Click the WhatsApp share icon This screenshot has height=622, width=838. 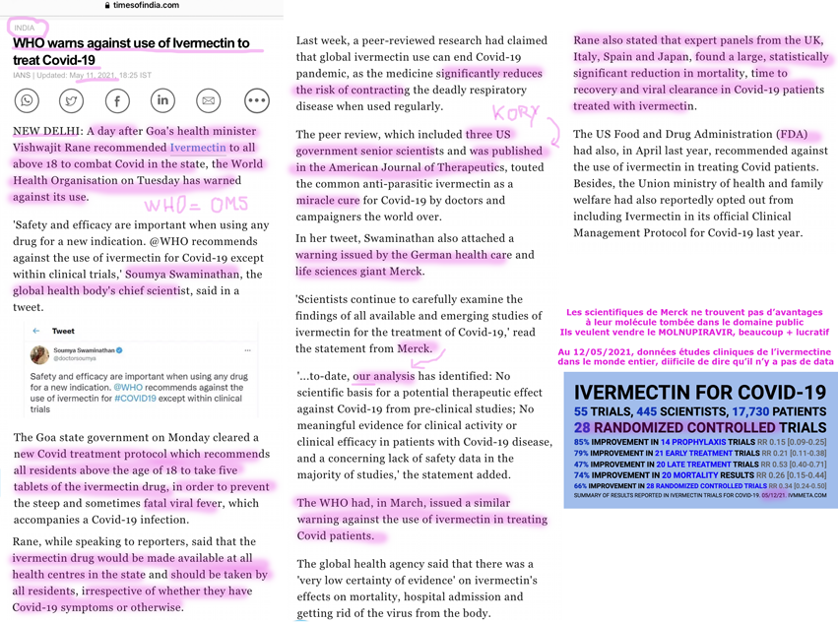coord(28,100)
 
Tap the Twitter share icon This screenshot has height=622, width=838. coord(72,100)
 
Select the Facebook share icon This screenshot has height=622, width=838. coord(117,100)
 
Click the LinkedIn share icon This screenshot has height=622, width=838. coord(162,100)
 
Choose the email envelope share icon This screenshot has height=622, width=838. coord(209,100)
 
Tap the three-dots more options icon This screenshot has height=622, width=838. coord(256,100)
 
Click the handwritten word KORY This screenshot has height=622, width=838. coord(516,115)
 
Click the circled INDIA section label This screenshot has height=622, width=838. coord(24,28)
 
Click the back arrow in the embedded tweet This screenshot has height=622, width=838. coord(36,332)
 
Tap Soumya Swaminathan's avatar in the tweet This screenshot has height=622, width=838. coord(39,355)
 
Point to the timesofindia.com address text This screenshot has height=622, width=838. coord(146,6)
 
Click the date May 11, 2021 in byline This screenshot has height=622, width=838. coord(93,75)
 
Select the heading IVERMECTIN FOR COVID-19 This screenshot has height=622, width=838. coord(699,393)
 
